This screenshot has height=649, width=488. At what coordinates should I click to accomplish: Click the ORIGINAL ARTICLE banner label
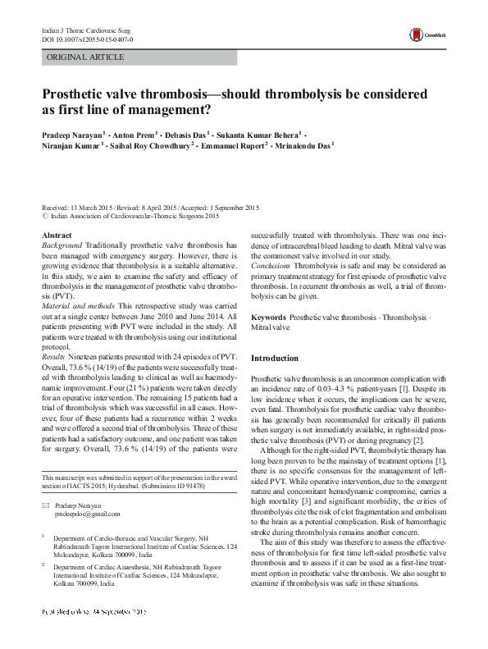pyautogui.click(x=85, y=57)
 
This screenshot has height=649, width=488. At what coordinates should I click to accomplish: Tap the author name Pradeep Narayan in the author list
pyautogui.click(x=71, y=133)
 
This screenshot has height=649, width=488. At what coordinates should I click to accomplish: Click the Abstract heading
pyautogui.click(x=57, y=235)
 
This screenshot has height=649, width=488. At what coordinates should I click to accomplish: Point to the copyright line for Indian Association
pyautogui.click(x=134, y=217)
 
